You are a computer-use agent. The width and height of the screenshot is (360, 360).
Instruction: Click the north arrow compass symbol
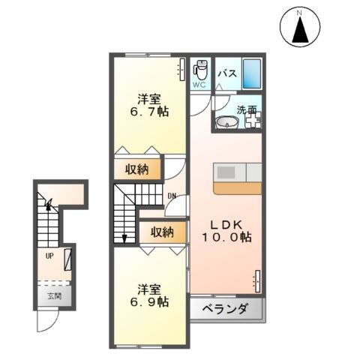tap(300, 27)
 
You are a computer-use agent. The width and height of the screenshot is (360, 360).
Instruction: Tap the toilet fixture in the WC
tap(200, 70)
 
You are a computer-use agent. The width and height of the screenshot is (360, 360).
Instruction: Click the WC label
tap(199, 85)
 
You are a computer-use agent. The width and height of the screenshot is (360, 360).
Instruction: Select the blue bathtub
tap(252, 73)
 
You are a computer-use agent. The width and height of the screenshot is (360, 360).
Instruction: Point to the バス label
tap(227, 73)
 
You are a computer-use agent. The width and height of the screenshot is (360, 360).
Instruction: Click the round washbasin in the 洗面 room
tap(227, 122)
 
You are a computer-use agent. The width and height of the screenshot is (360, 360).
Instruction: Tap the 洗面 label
tap(247, 109)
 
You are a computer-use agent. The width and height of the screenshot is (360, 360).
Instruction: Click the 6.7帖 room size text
tap(149, 112)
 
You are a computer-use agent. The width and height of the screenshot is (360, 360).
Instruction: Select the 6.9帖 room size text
tap(149, 301)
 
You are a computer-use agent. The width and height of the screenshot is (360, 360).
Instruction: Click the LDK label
tap(226, 225)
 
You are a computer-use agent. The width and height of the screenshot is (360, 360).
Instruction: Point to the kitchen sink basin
tap(226, 172)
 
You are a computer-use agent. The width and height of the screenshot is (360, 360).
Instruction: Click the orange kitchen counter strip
tap(238, 188)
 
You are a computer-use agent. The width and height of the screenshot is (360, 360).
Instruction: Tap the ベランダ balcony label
tap(225, 309)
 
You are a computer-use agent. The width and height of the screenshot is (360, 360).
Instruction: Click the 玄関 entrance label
tap(55, 296)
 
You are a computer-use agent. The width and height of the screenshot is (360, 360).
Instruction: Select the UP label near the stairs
tap(49, 256)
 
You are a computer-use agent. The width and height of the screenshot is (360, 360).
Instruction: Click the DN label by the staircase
tap(172, 196)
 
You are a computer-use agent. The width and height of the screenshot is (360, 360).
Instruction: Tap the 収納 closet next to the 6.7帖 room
tap(137, 169)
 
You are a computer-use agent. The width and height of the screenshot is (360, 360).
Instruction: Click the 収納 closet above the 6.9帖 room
tap(163, 232)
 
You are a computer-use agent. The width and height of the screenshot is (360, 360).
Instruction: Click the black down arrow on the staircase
tap(124, 238)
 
